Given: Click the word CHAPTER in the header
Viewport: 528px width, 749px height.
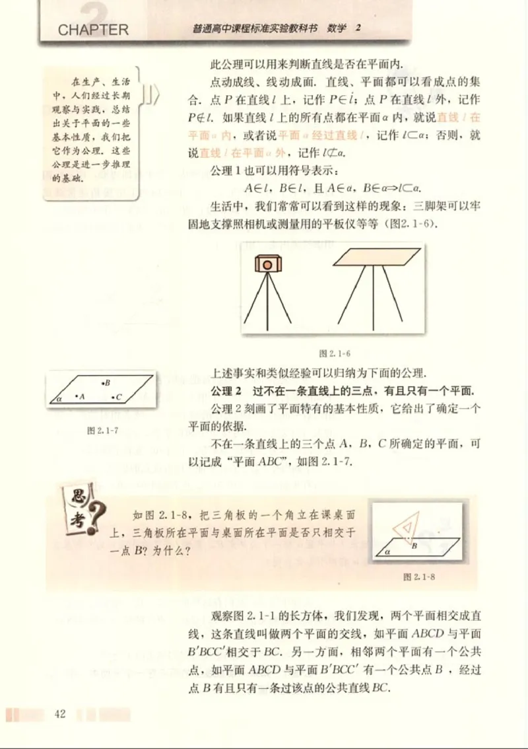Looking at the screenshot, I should click(92, 30).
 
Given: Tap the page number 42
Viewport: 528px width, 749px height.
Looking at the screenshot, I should click(61, 714).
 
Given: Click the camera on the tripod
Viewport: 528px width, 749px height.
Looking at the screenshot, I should click(267, 264).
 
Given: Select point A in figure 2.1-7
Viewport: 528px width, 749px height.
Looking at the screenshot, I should click(78, 397).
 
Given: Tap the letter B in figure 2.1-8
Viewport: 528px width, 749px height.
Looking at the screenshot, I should click(414, 546).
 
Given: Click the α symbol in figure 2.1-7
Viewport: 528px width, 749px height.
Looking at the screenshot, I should click(58, 398).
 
